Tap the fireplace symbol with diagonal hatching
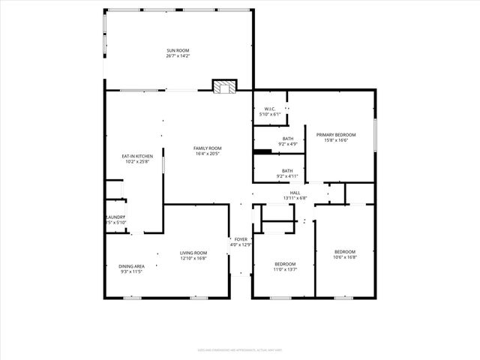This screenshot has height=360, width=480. pos(223,87)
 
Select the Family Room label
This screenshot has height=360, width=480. pos(207,148)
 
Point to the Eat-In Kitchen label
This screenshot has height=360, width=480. pos(136,156)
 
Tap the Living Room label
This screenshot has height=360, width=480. pos(193,253)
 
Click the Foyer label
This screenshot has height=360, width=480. pos(240,239)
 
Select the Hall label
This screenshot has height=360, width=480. pos(295,193)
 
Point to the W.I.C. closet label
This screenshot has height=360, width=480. pos(270,109)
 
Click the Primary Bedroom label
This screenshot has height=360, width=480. pos(340,134)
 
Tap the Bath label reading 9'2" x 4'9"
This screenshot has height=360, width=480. pos(288,139)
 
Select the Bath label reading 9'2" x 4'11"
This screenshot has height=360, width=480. pos(287,170)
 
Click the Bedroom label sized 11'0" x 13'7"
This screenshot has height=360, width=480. pos(285,263)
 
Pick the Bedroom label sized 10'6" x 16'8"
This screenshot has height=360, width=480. pos(345,251)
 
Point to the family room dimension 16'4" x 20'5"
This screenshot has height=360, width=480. pos(207,154)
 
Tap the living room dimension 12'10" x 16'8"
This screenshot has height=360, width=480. pos(193,259)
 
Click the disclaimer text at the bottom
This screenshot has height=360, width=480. pos(240,350)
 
